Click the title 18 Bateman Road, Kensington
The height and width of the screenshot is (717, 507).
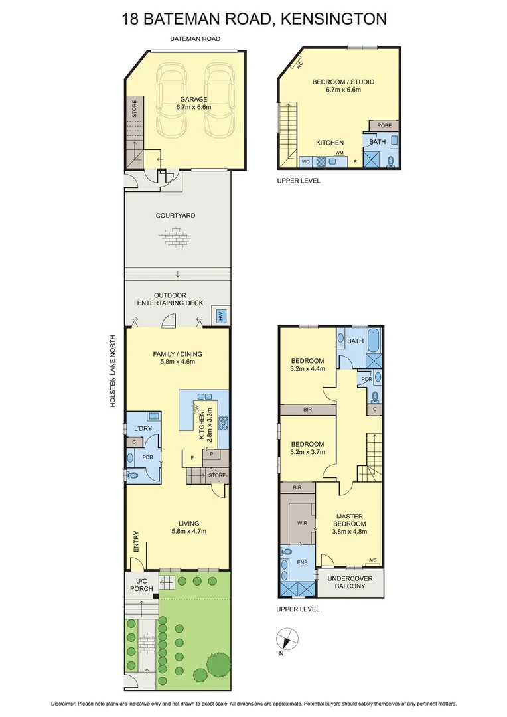pyautogui.click(x=254, y=19)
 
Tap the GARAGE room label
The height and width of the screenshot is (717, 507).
pyautogui.click(x=193, y=99)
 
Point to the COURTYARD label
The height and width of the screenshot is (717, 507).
pyautogui.click(x=175, y=216)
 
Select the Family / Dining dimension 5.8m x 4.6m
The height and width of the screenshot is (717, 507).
pyautogui.click(x=177, y=362)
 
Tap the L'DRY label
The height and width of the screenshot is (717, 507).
pyautogui.click(x=143, y=429)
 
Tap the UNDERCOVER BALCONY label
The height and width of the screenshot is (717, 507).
pyautogui.click(x=350, y=582)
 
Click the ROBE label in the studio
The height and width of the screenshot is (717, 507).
pyautogui.click(x=384, y=125)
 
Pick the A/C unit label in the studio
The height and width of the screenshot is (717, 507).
pyautogui.click(x=299, y=65)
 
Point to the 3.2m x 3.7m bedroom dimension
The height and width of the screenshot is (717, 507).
pyautogui.click(x=307, y=453)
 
